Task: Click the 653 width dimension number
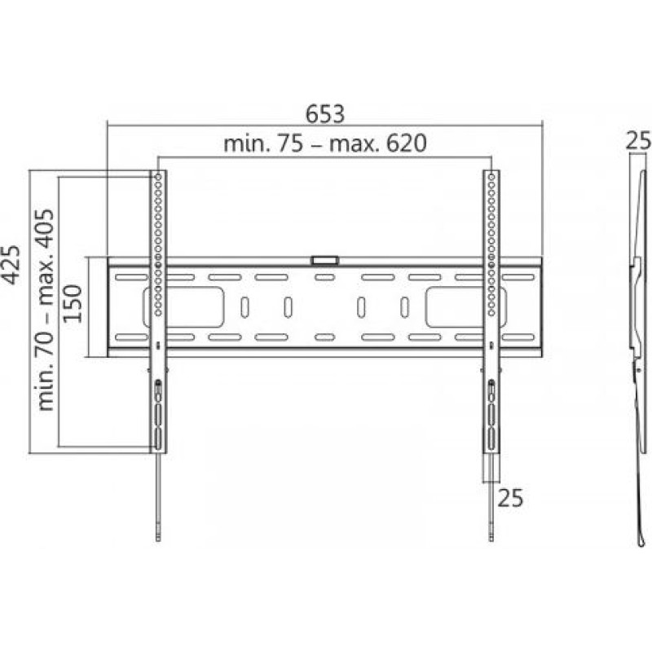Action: click(325, 114)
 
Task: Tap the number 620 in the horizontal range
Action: click(406, 143)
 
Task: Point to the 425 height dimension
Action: click(11, 265)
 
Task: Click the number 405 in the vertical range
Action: click(44, 229)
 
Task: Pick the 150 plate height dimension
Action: click(73, 303)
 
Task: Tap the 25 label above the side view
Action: click(638, 140)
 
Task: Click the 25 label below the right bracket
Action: click(510, 498)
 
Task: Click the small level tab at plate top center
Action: click(324, 261)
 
